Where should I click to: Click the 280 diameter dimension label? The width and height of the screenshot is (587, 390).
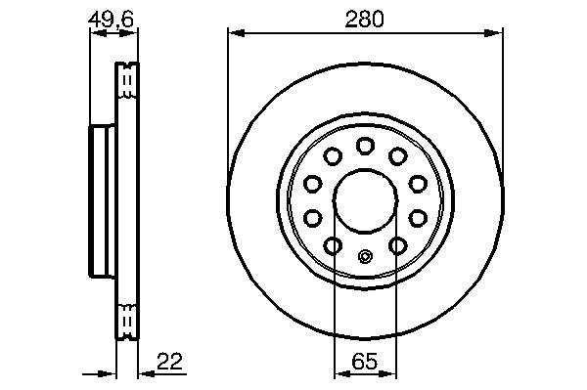click(x=364, y=20)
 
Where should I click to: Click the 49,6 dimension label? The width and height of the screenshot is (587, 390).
click(x=111, y=20)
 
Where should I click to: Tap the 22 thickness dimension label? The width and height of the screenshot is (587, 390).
click(x=169, y=362)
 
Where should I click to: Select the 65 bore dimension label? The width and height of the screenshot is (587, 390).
click(x=365, y=362)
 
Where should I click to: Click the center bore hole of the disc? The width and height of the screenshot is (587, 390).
click(x=365, y=200)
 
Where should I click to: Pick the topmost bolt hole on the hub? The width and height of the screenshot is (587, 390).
click(x=365, y=146)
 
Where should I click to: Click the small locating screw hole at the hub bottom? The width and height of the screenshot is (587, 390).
click(x=365, y=256)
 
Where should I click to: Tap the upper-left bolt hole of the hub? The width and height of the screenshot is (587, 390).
click(x=333, y=156)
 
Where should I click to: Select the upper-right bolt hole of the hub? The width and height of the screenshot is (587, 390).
click(x=397, y=156)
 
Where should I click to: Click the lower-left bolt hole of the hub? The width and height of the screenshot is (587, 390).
click(x=333, y=245)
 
